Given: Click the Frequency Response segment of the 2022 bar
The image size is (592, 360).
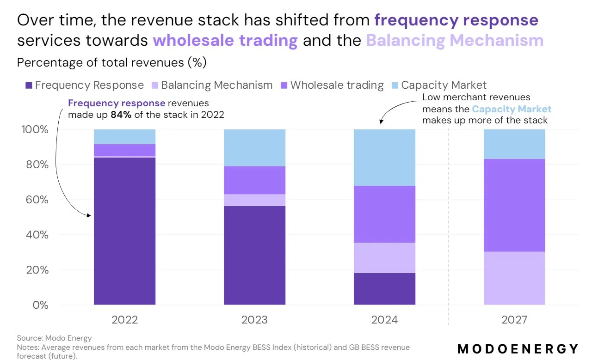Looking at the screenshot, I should click(124, 231).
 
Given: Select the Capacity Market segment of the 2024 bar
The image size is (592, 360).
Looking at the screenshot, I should click(384, 158).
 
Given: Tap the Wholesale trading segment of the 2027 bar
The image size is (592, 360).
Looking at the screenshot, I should click(514, 205).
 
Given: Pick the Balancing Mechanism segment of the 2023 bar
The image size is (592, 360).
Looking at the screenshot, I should click(254, 200).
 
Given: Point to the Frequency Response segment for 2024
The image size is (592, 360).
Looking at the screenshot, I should click(384, 289).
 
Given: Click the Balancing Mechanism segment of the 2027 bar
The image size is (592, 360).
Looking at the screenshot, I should click(514, 278).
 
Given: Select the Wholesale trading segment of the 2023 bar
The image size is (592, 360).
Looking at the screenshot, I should click(254, 180).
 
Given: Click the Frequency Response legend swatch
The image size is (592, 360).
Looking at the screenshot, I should click(29, 85).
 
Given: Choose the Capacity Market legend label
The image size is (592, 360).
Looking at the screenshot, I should click(444, 85).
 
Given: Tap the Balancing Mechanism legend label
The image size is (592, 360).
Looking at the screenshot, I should click(216, 85).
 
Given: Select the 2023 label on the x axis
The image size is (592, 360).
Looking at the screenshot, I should click(254, 320).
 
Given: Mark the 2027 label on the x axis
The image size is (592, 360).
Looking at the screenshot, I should click(514, 320).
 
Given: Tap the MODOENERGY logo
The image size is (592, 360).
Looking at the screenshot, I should click(518, 348).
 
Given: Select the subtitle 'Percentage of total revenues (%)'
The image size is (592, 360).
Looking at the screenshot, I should click(111, 62).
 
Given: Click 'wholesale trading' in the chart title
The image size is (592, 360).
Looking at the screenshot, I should click(225, 41).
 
